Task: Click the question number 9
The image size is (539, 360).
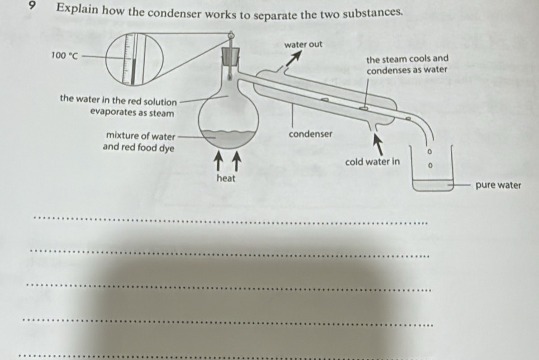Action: pyautogui.click(x=32, y=6)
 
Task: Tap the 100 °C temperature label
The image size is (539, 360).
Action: pyautogui.click(x=65, y=55)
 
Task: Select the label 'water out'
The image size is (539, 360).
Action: pyautogui.click(x=303, y=44)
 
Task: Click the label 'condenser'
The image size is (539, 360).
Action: pyautogui.click(x=311, y=134)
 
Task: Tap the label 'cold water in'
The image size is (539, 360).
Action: pyautogui.click(x=373, y=162)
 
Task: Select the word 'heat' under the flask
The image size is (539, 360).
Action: pyautogui.click(x=226, y=178)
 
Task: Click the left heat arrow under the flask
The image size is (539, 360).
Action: pyautogui.click(x=218, y=162)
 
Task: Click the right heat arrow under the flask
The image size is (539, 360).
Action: pyautogui.click(x=236, y=162)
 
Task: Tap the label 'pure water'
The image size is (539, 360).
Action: pyautogui.click(x=498, y=185)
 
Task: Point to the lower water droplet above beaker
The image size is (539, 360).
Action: pyautogui.click(x=429, y=165)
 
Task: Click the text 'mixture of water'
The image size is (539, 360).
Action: pyautogui.click(x=141, y=136)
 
